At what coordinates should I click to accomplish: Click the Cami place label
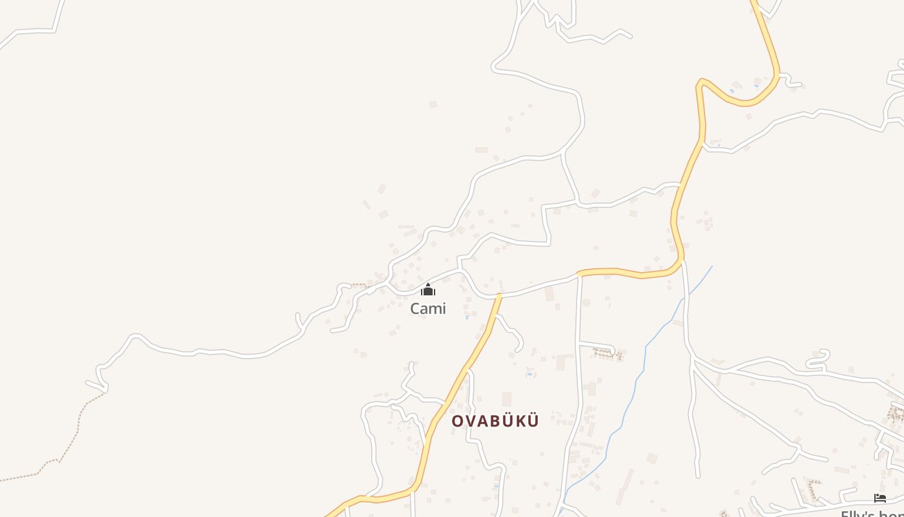click(x=428, y=309)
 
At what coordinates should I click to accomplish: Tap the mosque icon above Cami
click(x=428, y=290)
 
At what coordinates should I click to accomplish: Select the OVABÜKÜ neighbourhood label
click(x=495, y=421)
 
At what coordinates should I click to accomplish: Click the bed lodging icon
click(x=879, y=498)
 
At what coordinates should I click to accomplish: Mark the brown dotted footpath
click(x=71, y=439)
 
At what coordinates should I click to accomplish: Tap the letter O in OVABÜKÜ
click(x=457, y=421)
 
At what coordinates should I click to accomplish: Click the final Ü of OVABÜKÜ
click(x=533, y=421)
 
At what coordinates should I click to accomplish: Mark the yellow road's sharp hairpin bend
click(x=702, y=82)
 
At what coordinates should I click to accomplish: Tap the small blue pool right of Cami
click(x=467, y=317)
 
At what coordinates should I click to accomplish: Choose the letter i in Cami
click(x=443, y=309)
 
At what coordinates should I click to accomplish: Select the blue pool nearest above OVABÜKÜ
click(x=529, y=374)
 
